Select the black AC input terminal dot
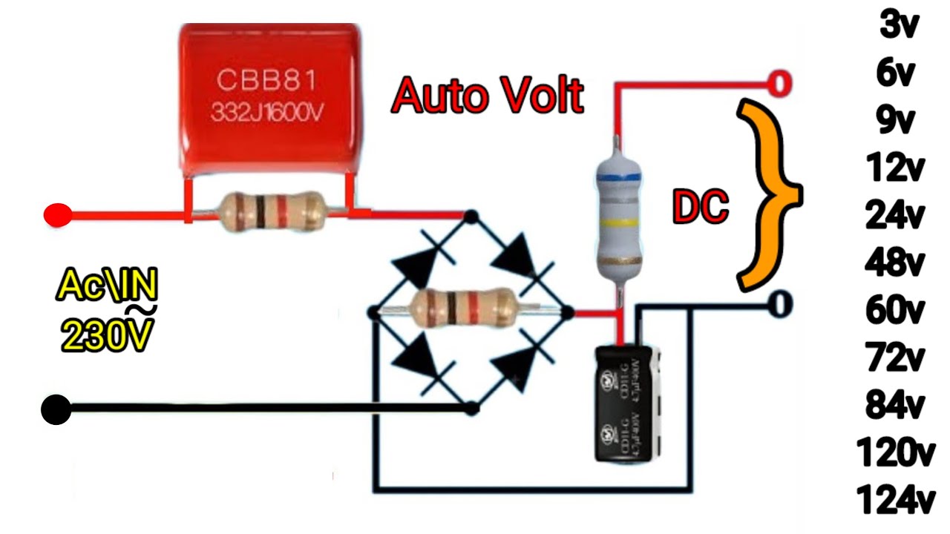pos(56,409)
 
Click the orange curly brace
pos(768,194)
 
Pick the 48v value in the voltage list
pos(895,262)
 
